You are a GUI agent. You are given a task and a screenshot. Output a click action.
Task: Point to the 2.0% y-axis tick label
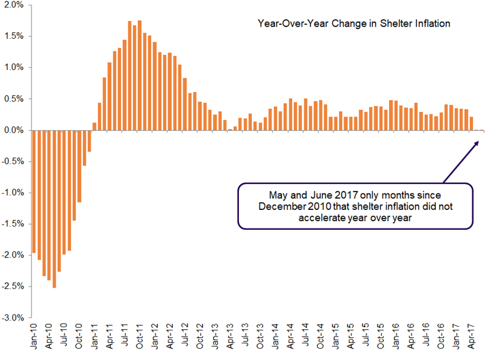14,5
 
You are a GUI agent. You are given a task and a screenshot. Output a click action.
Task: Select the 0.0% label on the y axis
14,130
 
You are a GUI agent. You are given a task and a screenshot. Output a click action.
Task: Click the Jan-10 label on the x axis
33,337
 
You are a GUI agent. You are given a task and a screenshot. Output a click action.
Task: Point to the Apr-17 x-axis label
472,337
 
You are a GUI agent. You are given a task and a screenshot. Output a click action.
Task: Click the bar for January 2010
33,191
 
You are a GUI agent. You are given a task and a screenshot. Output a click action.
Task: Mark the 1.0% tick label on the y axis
14,67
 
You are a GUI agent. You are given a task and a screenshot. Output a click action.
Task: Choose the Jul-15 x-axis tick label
366,337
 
